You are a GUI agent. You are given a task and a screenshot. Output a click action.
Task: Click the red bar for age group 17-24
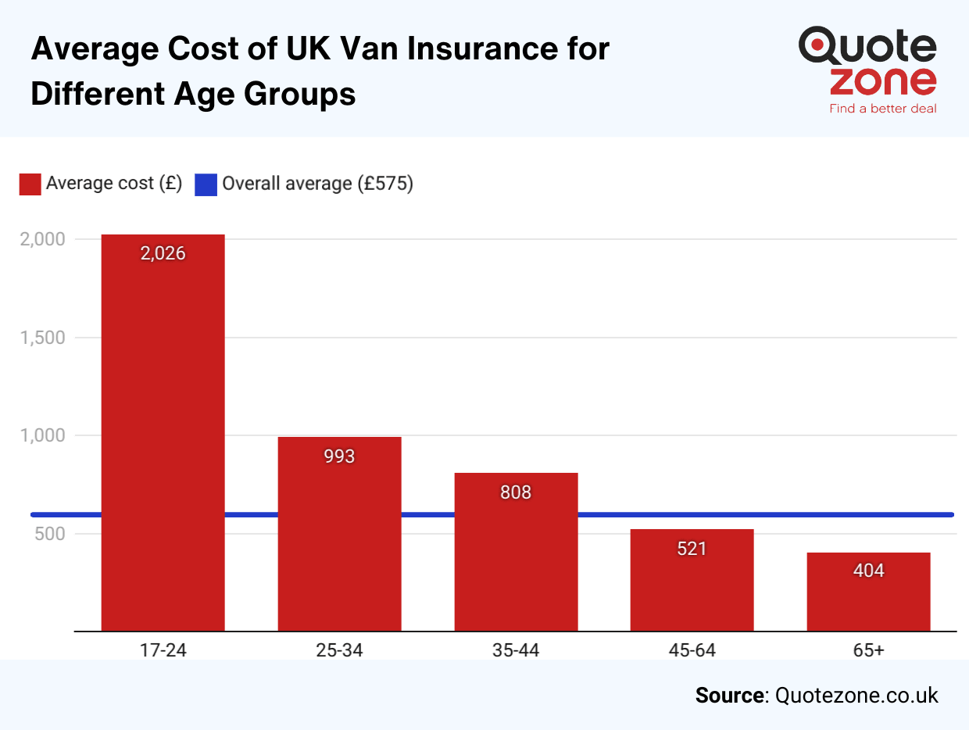click(163, 438)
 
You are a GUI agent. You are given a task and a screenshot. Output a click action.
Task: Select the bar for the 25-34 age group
click(339, 539)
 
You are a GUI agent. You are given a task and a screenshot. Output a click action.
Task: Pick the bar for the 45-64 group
click(692, 586)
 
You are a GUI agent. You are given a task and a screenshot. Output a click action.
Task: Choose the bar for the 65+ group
click(868, 598)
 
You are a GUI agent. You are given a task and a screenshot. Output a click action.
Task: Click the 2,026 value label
click(163, 253)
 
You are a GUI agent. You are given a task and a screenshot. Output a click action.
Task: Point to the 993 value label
click(339, 456)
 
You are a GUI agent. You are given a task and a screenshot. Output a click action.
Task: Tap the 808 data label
click(516, 492)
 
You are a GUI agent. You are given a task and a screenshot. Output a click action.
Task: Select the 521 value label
click(692, 549)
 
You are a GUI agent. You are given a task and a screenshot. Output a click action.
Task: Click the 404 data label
click(868, 571)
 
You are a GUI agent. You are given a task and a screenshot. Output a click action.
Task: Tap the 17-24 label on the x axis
click(163, 649)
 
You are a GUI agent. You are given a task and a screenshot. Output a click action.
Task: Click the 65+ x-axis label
click(868, 649)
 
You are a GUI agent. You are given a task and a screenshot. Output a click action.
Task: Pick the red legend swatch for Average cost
click(30, 184)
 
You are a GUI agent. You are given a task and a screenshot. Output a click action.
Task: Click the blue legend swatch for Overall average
click(206, 184)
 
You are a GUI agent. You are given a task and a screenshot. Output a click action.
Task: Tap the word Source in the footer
click(729, 696)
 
